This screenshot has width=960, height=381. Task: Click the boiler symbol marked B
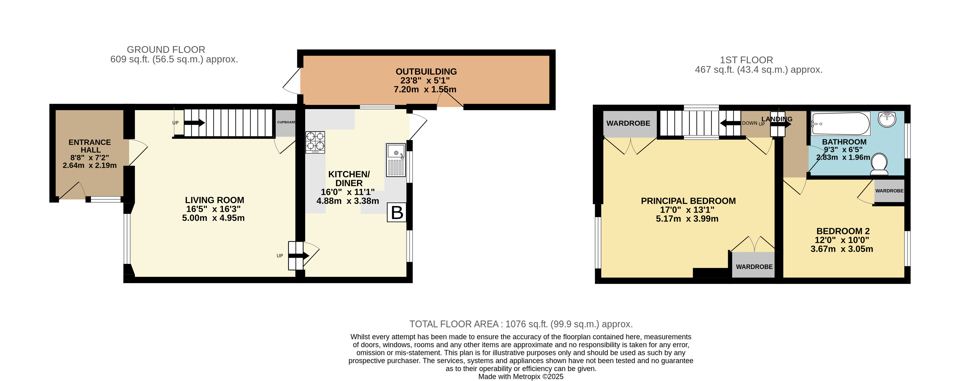coord(396,213)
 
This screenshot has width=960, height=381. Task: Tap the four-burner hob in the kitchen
coord(315,142)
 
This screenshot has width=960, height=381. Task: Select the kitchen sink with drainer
coord(396,160)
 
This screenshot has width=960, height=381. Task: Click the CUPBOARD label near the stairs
coord(286,122)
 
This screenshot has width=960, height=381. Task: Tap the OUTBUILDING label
coord(426,71)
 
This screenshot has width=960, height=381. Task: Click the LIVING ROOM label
coord(215,200)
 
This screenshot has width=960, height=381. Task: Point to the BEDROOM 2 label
coord(843,231)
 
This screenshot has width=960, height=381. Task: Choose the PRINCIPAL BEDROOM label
coord(688,201)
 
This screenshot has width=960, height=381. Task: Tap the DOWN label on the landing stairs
coord(749,123)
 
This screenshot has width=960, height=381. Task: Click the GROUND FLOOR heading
coord(166,50)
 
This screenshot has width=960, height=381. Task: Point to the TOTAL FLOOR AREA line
coord(521,324)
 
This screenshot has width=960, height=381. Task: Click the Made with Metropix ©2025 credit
coord(521,377)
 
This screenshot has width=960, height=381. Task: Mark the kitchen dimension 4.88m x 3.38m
coord(348,201)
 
